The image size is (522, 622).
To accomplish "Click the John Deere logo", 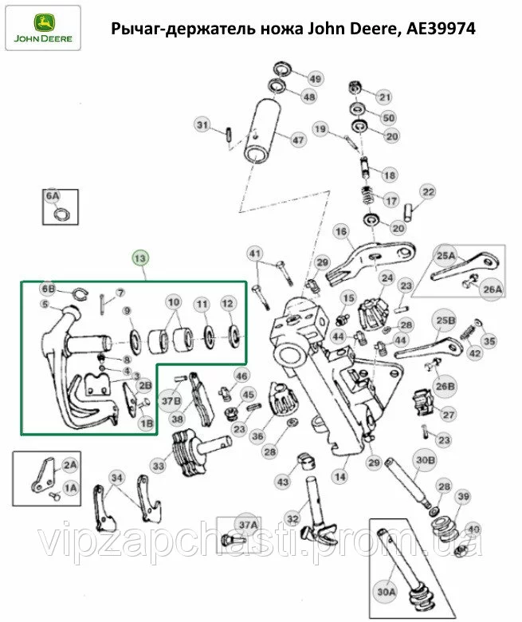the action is click(x=43, y=28).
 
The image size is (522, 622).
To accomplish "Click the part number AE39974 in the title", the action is click(x=441, y=29).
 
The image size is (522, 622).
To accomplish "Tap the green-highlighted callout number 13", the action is click(x=140, y=258).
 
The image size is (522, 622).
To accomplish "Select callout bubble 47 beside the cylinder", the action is click(x=298, y=140).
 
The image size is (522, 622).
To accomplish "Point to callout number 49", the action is click(x=315, y=78).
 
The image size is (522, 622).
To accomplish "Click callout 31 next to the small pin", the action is click(x=202, y=125).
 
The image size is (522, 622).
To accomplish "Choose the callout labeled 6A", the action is click(x=53, y=196).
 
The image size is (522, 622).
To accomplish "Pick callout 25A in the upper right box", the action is click(x=446, y=256).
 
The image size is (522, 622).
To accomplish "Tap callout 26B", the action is click(x=445, y=386).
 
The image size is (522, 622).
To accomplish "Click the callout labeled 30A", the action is click(x=386, y=592).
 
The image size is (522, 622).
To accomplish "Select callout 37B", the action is click(x=171, y=400).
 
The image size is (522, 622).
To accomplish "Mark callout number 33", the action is click(x=159, y=466).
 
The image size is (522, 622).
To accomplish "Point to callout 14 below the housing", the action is click(x=340, y=476).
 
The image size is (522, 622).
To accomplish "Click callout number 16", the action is click(x=341, y=231).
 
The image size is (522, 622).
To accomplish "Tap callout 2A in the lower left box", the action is click(x=70, y=465).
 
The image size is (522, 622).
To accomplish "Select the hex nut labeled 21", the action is click(x=354, y=86).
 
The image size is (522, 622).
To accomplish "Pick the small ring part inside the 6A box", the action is click(x=63, y=215).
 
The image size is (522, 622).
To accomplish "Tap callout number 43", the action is click(x=283, y=482).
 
